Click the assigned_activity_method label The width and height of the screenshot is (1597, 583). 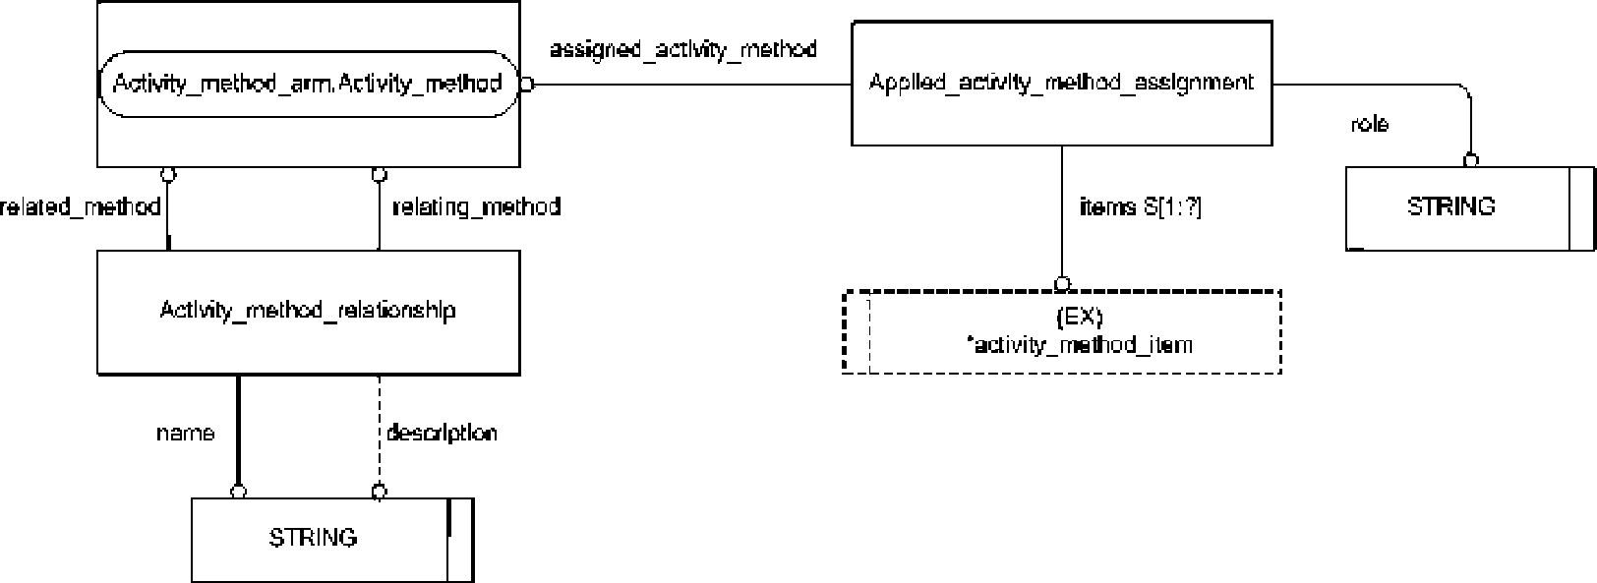pos(683,49)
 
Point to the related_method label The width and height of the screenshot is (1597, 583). pos(80,206)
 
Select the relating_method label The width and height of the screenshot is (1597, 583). pos(476,206)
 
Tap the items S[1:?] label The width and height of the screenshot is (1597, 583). pos(1140,206)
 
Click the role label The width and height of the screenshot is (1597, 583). pos(1370,124)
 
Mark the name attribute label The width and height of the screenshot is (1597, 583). pos(185,433)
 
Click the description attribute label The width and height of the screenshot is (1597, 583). pos(442,433)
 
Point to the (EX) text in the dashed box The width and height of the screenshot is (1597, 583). pos(1080,316)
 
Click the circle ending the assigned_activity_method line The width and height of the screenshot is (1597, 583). pos(527,85)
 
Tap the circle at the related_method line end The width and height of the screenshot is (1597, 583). pos(167,175)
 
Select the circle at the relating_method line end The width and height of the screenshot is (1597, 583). pos(380,175)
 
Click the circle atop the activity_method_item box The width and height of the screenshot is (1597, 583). pos(1062,284)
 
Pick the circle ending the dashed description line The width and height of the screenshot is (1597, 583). pos(380,491)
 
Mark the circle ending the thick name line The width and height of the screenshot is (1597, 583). pos(239,491)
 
